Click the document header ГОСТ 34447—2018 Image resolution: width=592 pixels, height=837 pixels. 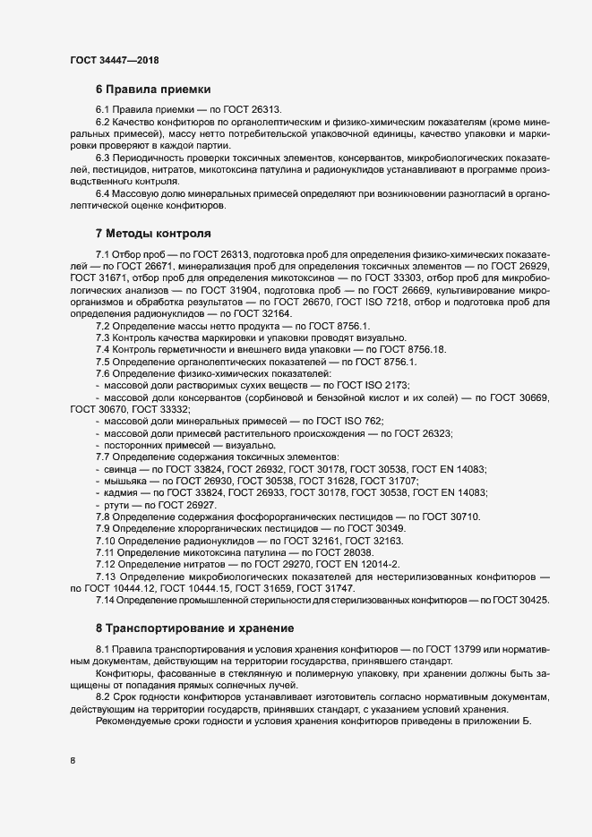pyautogui.click(x=116, y=59)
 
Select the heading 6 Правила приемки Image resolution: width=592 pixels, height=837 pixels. pyautogui.click(x=153, y=90)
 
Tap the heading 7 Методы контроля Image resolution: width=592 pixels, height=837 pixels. pyautogui.click(x=153, y=234)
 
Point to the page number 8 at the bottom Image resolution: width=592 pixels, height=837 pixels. pyautogui.click(x=72, y=761)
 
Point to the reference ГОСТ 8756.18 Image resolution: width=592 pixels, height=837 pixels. pyautogui.click(x=418, y=348)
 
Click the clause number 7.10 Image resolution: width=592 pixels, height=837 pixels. pyautogui.click(x=107, y=542)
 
